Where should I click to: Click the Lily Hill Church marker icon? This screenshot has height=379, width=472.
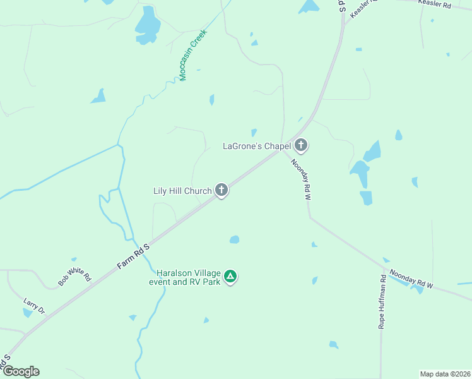[221, 189]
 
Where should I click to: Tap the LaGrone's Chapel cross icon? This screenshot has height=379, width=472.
[301, 146]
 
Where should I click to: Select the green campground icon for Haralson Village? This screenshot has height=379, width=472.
[231, 276]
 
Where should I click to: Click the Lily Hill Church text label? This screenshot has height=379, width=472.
[182, 190]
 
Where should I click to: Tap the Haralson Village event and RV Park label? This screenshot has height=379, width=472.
[184, 277]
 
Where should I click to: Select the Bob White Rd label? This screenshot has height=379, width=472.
[74, 277]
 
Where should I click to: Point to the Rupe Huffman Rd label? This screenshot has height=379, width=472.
[382, 302]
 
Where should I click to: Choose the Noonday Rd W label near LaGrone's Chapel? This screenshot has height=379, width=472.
[302, 180]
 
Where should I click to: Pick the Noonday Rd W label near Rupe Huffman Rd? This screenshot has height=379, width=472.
[411, 279]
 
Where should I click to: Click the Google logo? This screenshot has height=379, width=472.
[20, 371]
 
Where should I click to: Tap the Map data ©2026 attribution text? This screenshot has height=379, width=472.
[445, 373]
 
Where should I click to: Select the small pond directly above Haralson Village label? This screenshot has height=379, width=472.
[234, 239]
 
